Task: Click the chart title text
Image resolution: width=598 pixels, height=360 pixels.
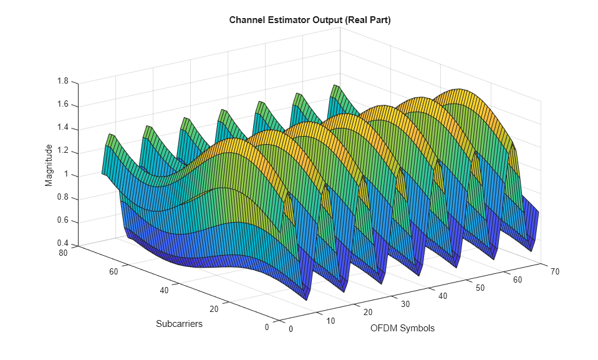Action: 309,20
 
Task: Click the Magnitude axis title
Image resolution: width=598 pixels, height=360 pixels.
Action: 49,165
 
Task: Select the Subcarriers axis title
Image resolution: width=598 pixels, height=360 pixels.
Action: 179,324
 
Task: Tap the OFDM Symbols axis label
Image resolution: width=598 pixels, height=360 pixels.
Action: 402,328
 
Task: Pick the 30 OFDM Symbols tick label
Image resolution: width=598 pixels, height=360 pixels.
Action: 405,304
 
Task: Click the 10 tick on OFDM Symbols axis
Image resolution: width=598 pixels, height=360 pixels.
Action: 331,321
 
